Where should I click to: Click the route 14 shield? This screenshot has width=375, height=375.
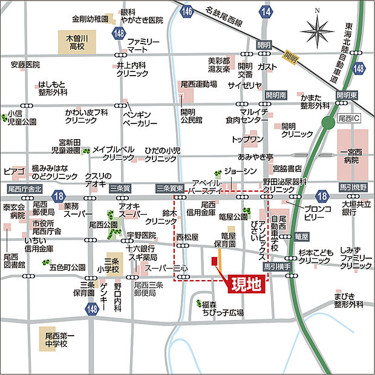pyautogui.click(x=265, y=10)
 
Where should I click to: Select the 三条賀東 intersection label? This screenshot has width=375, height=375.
pyautogui.click(x=169, y=188)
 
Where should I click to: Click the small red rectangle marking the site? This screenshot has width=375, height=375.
pyautogui.click(x=214, y=261)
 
